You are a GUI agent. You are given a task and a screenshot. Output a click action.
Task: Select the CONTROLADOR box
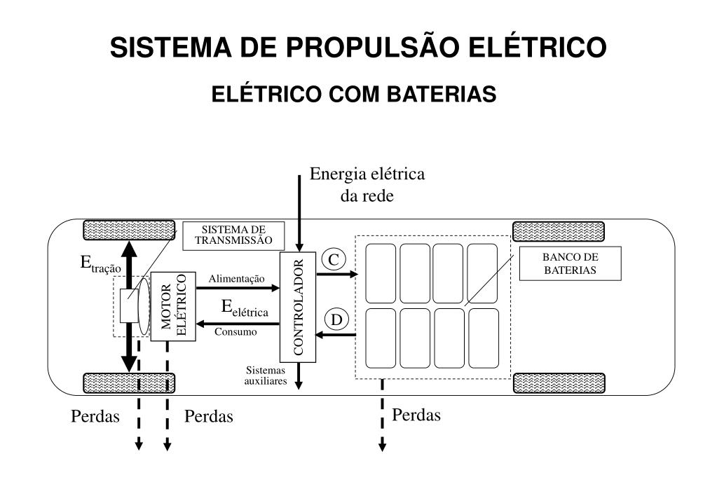click(x=298, y=307)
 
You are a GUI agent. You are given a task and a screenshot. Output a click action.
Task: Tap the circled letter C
click(x=334, y=260)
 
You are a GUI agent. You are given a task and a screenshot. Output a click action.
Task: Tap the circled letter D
click(x=337, y=320)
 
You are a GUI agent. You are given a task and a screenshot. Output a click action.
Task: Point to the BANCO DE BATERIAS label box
click(x=570, y=263)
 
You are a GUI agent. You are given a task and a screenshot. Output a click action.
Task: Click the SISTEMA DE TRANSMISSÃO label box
click(x=233, y=235)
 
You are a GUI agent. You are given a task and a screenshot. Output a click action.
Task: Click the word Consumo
click(x=235, y=332)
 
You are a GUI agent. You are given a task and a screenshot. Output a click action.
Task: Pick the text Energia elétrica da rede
click(x=367, y=184)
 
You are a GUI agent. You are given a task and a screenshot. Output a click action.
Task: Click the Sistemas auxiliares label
click(x=266, y=376)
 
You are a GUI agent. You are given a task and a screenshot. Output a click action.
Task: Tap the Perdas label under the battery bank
click(x=416, y=415)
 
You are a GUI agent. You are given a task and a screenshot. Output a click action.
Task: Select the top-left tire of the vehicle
click(x=130, y=230)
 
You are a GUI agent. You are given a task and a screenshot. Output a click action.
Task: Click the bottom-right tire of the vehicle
click(x=559, y=383)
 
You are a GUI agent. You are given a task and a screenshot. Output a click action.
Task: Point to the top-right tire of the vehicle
click(x=559, y=230)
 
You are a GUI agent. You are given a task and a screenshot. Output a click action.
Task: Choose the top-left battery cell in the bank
click(x=381, y=273)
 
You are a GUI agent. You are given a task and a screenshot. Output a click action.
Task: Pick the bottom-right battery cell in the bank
click(x=483, y=338)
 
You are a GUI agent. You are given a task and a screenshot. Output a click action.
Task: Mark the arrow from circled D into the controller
click(x=336, y=335)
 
